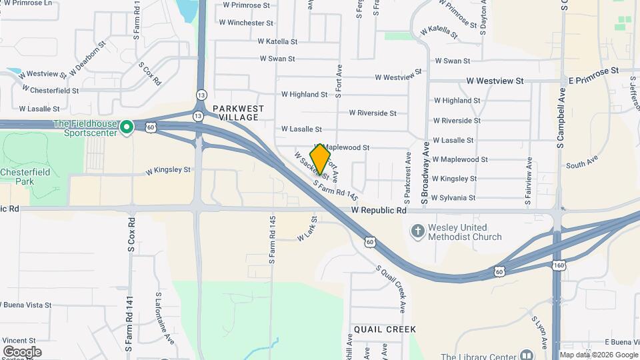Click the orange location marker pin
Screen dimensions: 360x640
pyautogui.click(x=321, y=159)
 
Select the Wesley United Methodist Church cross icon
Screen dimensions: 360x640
pyautogui.click(x=417, y=232)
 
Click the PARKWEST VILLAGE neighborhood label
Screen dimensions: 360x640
pyautogui.click(x=239, y=113)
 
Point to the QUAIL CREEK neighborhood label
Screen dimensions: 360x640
pyautogui.click(x=385, y=329)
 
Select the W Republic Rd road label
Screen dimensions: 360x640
pyautogui.click(x=379, y=210)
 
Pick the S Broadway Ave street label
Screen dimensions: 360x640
pyautogui.click(x=424, y=173)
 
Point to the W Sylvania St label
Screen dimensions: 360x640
pyautogui.click(x=453, y=198)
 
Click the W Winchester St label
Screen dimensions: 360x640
pyautogui.click(x=246, y=23)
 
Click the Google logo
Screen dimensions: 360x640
pyautogui.click(x=22, y=351)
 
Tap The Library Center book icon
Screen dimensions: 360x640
pyautogui.click(x=527, y=355)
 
